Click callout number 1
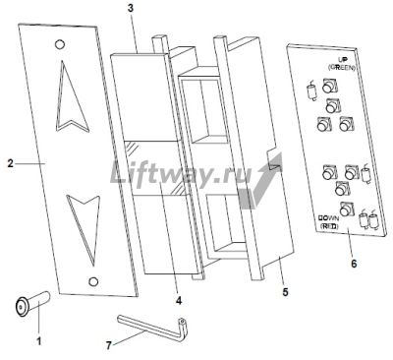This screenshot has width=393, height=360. [x=38, y=341]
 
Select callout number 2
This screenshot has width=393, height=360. [x=11, y=163]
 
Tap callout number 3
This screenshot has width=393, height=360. [x=131, y=8]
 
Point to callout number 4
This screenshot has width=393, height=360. [x=179, y=300]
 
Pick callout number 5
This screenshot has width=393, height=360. [x=286, y=292]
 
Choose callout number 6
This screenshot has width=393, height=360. [x=354, y=264]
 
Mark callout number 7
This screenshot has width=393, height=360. [x=110, y=345]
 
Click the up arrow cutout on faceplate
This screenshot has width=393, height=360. [x=72, y=97]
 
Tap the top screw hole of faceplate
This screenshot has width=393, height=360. [x=59, y=44]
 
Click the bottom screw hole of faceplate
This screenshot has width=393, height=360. [x=93, y=281]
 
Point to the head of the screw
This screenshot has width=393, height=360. [x=22, y=307]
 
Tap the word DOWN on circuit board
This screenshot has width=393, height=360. [x=329, y=218]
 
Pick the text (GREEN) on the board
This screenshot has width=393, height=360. [x=342, y=67]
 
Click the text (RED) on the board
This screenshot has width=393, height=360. [x=329, y=226]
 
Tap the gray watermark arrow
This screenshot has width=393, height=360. [x=260, y=181]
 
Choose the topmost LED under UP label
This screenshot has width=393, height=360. [x=328, y=87]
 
